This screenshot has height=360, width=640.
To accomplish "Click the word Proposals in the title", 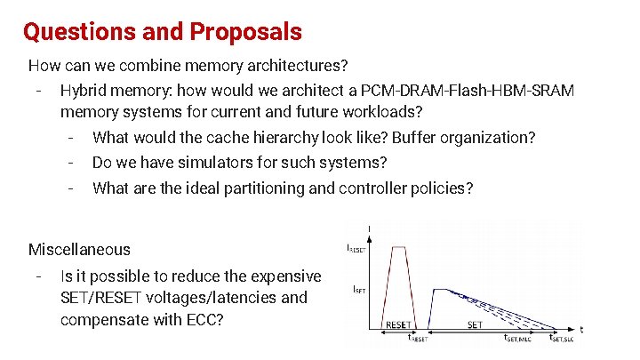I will point(245,33).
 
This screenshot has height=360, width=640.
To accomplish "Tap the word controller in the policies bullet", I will point(377,188).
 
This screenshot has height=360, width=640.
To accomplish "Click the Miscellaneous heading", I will point(79,250).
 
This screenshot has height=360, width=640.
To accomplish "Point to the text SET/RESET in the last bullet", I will point(97,297).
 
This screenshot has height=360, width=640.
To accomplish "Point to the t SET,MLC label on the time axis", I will point(517,338).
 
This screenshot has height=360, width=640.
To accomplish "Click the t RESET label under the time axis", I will point(418,338).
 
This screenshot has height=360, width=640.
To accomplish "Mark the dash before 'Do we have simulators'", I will point(70,163).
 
